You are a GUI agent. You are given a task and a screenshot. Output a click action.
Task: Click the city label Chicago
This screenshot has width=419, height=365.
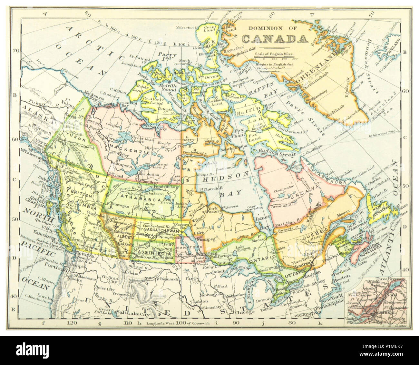pos(248,312)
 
